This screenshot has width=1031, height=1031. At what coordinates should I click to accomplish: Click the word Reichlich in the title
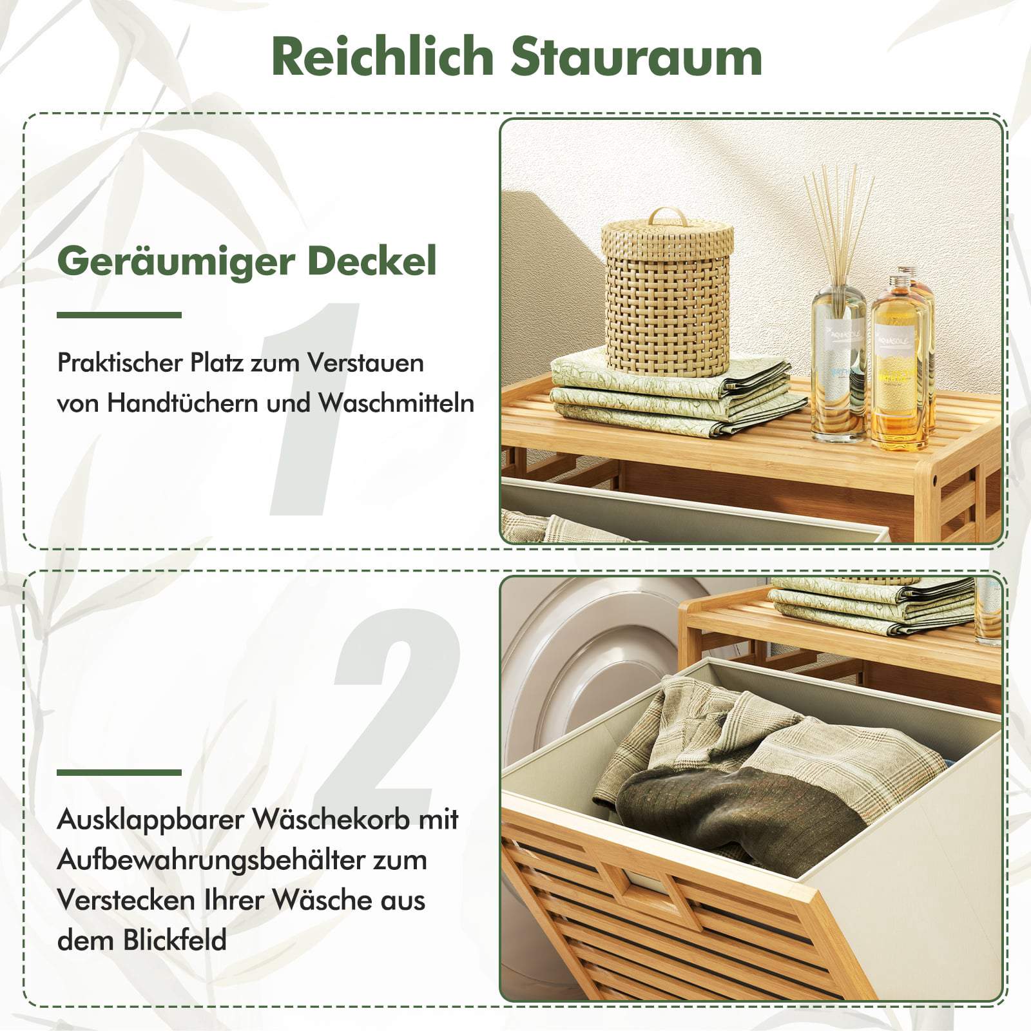382,56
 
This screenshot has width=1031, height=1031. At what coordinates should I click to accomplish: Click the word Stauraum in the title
637,57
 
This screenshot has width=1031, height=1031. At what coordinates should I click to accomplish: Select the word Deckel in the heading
372,260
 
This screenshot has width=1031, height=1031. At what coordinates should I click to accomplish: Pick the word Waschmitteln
396,403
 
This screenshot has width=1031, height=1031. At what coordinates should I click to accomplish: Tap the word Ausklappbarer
151,820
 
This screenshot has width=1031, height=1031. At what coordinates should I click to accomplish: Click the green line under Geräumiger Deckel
119,315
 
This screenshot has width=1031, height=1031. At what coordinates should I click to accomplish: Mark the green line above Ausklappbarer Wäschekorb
119,773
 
